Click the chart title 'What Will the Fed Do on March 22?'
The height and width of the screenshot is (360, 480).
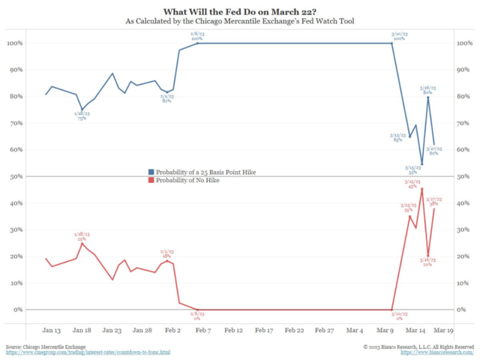(239, 10)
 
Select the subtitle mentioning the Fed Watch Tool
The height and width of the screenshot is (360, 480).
(239, 21)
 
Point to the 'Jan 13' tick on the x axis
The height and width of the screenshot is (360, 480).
(52, 330)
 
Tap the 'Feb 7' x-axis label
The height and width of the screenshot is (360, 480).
(203, 330)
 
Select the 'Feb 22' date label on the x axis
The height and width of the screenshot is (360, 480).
(294, 330)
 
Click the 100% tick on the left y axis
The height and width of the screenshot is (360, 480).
(15, 43)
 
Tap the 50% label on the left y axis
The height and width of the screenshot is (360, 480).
(16, 176)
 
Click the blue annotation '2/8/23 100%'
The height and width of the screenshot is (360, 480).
(197, 34)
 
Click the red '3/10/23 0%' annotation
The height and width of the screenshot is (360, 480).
(398, 315)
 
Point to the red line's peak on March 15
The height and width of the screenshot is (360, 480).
(421, 189)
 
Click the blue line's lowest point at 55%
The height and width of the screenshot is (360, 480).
(421, 163)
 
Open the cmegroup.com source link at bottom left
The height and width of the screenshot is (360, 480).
(88, 352)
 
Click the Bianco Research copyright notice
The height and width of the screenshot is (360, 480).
(418, 346)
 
